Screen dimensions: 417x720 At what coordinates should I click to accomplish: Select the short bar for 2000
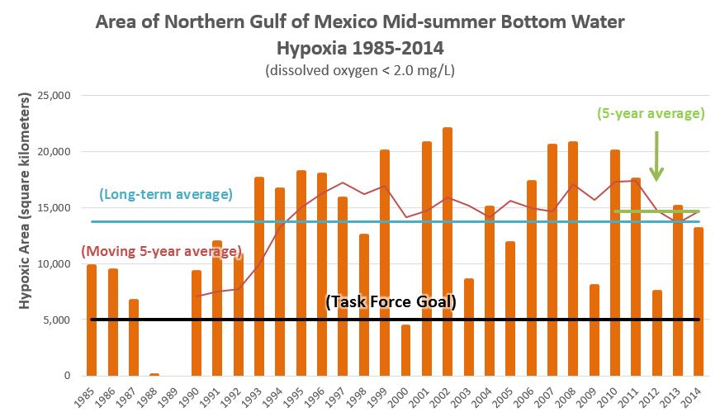click(405, 350)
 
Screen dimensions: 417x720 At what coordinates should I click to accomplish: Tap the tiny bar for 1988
click(154, 374)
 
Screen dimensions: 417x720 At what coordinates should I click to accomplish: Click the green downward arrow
click(656, 154)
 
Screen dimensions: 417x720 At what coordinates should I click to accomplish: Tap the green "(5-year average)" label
click(650, 114)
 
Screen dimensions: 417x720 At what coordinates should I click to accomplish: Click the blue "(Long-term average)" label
click(165, 195)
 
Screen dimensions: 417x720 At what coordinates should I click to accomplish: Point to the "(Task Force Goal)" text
click(391, 302)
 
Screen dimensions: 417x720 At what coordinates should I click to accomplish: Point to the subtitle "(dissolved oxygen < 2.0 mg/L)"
click(360, 71)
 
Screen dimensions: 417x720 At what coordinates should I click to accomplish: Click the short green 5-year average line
click(656, 211)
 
